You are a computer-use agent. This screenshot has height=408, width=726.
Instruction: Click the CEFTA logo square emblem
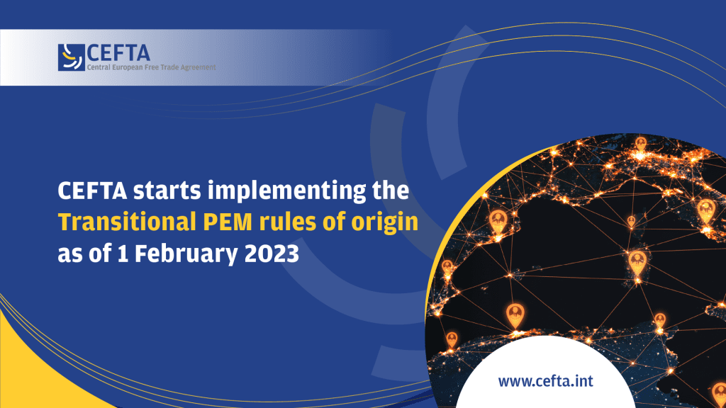click(x=72, y=57)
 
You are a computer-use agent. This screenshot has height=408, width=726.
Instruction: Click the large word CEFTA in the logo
click(x=118, y=53)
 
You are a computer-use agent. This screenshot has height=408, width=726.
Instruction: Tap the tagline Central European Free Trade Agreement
click(x=152, y=67)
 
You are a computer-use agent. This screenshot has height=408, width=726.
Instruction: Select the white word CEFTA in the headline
click(x=93, y=191)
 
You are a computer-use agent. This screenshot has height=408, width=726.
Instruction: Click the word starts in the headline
click(x=167, y=191)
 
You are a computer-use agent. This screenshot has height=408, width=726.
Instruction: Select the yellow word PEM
click(x=228, y=222)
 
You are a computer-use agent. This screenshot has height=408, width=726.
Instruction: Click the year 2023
click(x=272, y=254)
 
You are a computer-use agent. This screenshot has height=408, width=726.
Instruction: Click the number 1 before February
click(x=123, y=254)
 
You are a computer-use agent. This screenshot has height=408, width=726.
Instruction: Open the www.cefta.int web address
click(x=545, y=381)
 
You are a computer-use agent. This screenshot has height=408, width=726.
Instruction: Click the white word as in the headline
click(x=70, y=256)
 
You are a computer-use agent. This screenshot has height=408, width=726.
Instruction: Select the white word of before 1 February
click(x=99, y=254)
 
